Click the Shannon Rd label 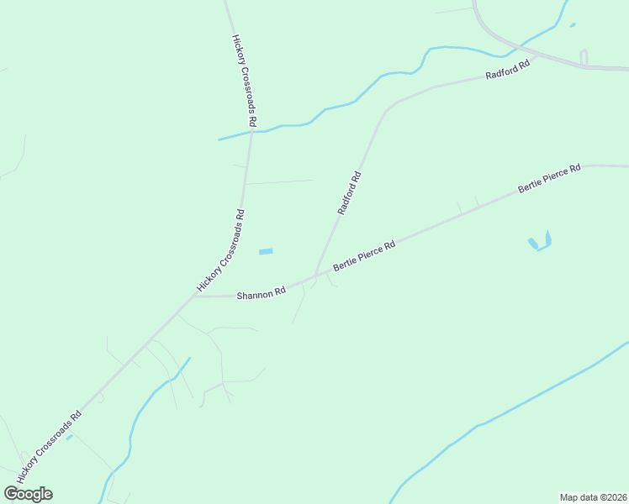tap(261, 294)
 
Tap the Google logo tap(28, 494)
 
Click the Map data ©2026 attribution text tap(593, 496)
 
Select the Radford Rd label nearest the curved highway tap(508, 70)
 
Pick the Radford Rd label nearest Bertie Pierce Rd tap(349, 193)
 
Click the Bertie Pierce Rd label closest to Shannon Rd tap(364, 256)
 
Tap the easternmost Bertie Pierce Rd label tap(549, 179)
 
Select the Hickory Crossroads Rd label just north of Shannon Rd tap(221, 250)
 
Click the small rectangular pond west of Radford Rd tap(266, 252)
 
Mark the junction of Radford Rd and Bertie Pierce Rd tap(314, 275)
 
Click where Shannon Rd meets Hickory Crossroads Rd tap(194, 297)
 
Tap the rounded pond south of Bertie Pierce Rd tap(532, 244)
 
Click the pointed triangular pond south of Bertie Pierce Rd tap(547, 239)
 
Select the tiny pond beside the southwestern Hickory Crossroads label tap(69, 437)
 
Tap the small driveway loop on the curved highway tap(584, 57)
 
